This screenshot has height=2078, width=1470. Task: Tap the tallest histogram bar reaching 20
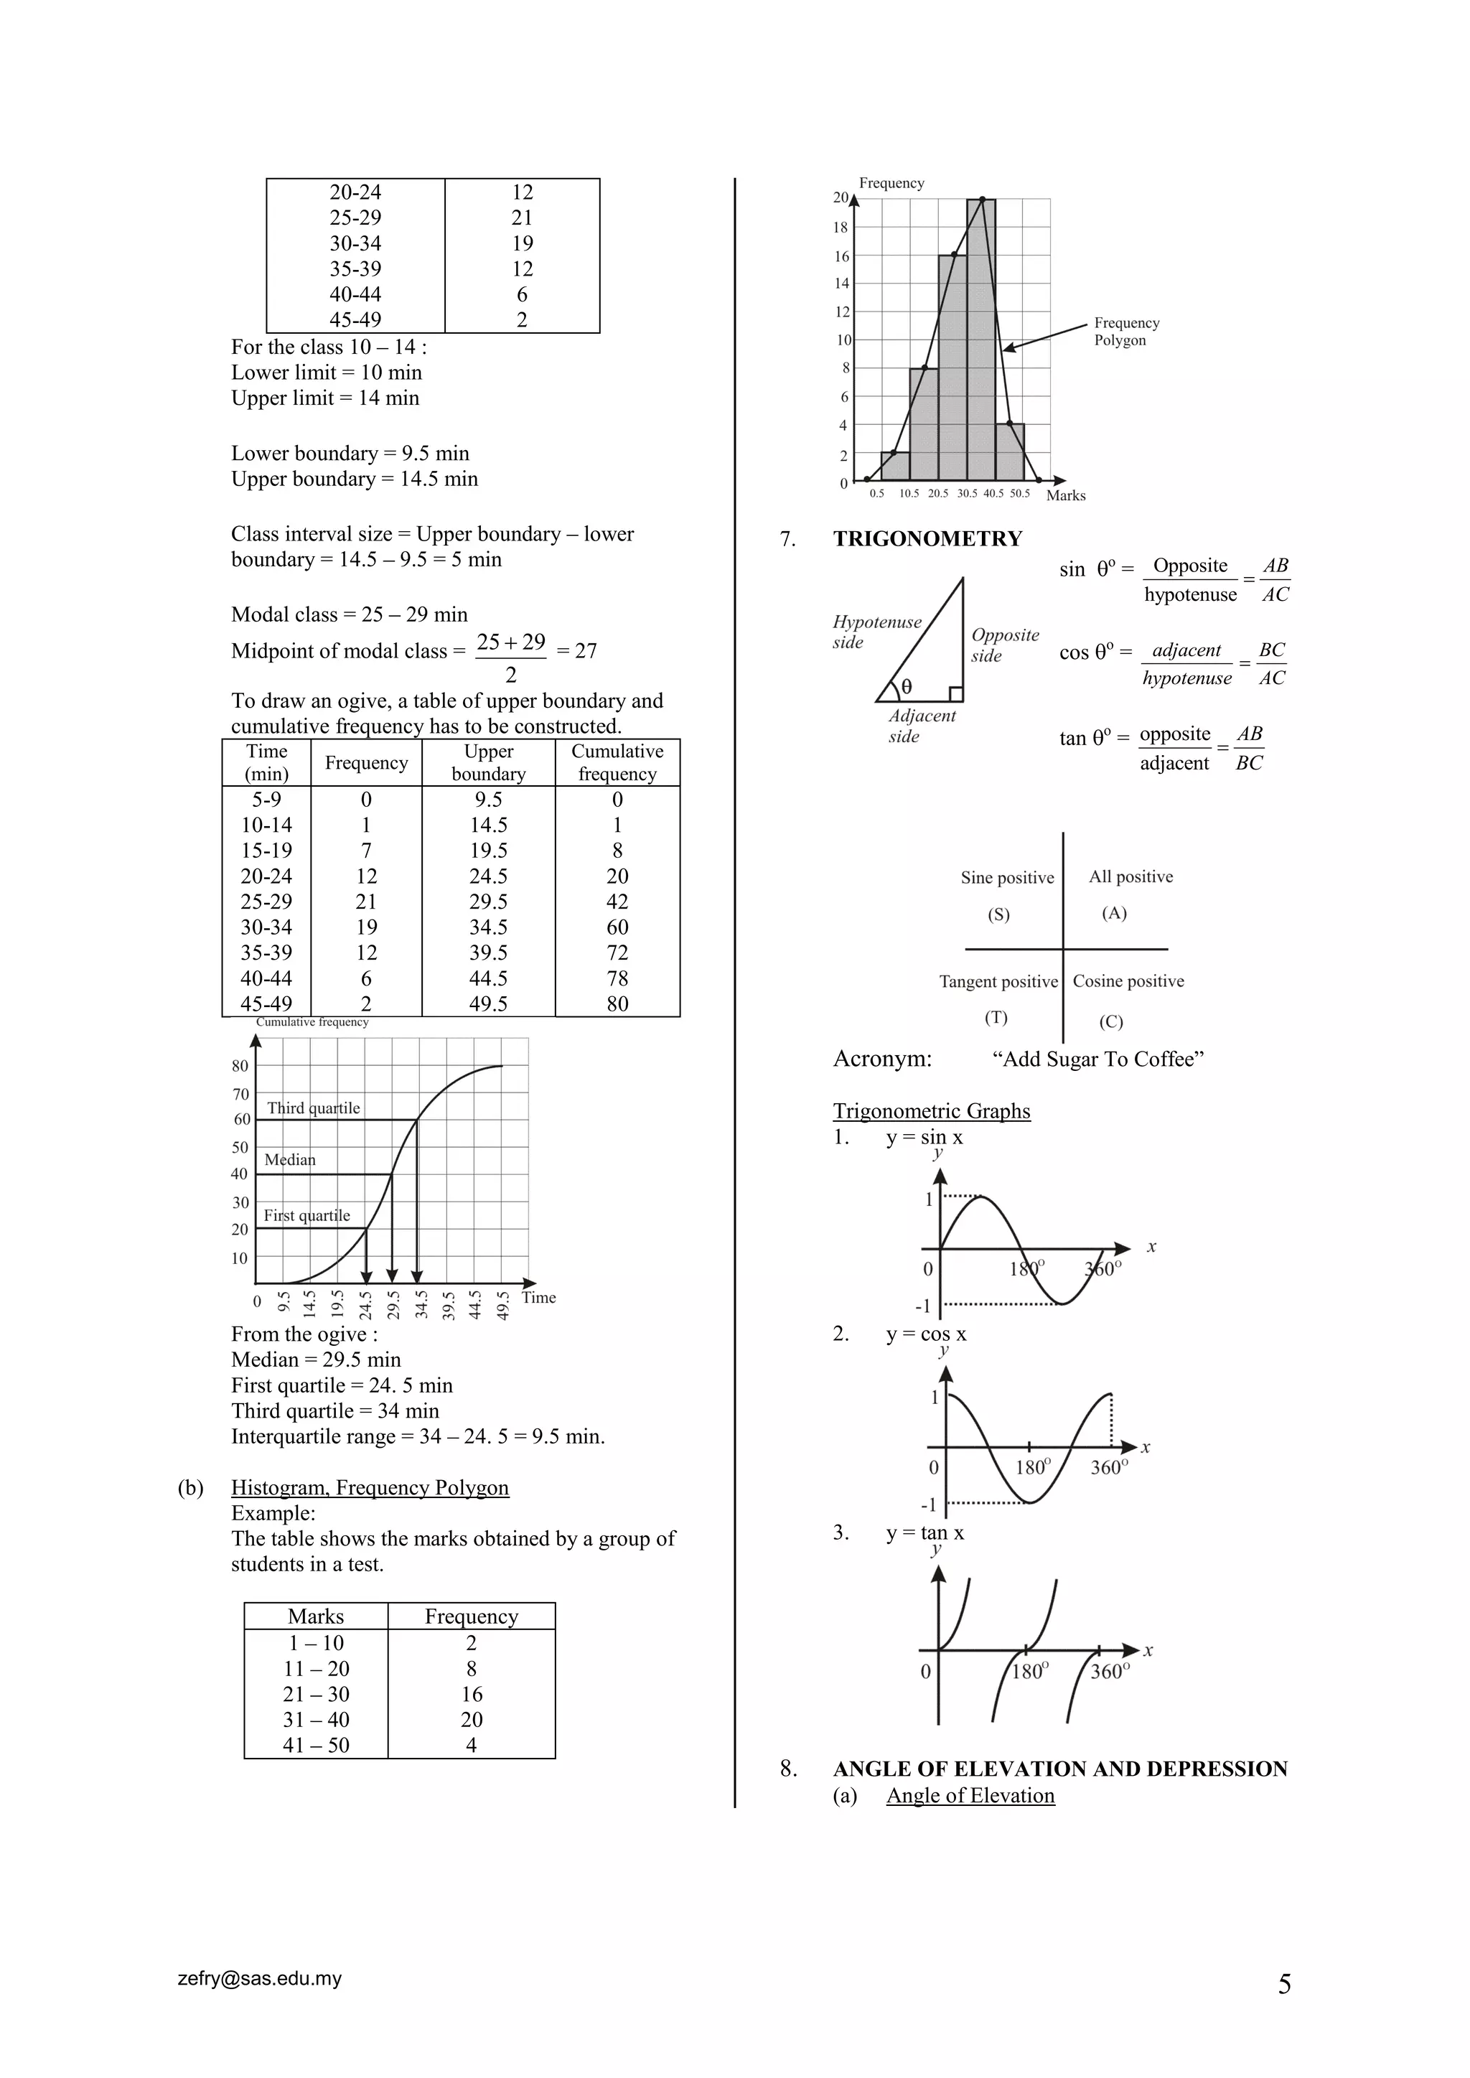tap(981, 344)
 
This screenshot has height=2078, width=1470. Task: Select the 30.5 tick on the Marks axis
tap(967, 493)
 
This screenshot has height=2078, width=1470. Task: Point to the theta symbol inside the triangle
tap(906, 687)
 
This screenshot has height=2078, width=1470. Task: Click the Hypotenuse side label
tap(876, 631)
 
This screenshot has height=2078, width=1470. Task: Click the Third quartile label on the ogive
tap(313, 1108)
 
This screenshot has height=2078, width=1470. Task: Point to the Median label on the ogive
tap(290, 1159)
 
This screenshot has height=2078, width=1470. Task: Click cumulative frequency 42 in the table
tap(617, 902)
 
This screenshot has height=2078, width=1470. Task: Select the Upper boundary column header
tap(488, 762)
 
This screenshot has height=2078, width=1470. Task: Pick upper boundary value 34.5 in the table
tap(488, 927)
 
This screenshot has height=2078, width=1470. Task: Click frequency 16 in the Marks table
tap(472, 1694)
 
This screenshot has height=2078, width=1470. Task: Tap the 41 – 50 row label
tap(316, 1745)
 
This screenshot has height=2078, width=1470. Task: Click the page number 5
tap(1284, 1985)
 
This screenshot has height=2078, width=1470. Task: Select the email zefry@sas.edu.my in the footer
tap(260, 1978)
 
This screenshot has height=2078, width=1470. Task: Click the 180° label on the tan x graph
tap(1029, 1671)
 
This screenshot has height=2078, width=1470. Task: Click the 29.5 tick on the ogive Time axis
tap(393, 1304)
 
